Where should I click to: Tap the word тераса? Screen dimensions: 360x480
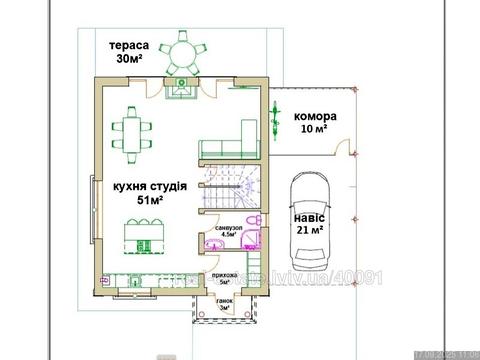tap(130, 46)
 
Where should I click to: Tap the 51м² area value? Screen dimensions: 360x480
tap(150, 200)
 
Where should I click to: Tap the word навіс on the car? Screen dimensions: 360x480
tap(310, 215)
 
